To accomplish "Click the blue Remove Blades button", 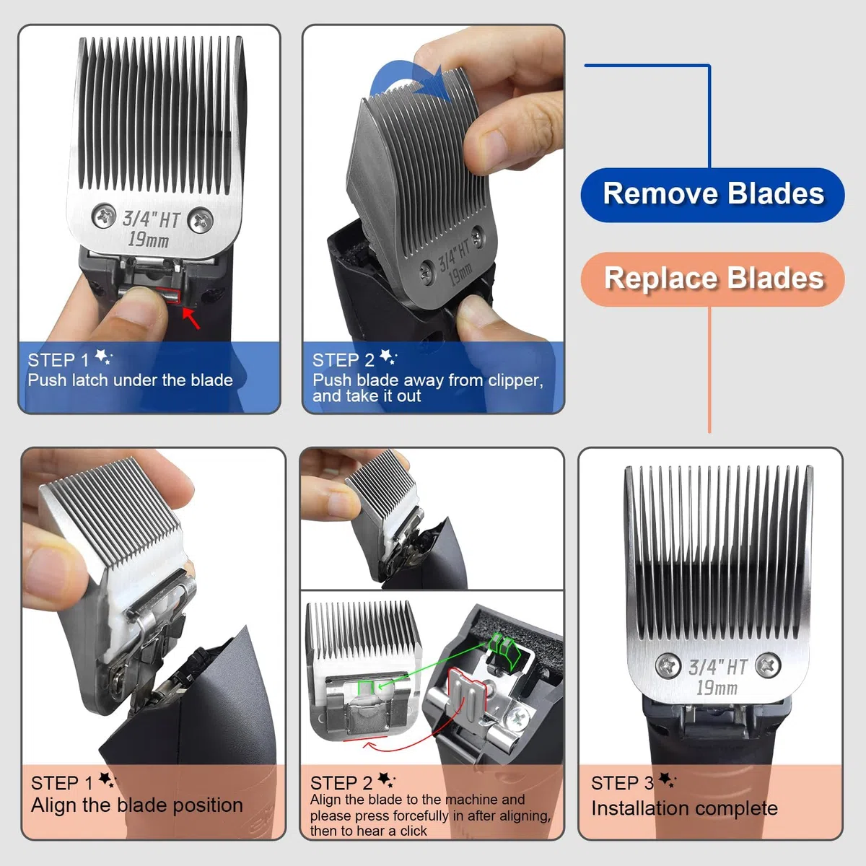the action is tap(712, 195).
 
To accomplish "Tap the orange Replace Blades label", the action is tap(712, 279).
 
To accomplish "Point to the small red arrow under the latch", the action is tap(191, 318).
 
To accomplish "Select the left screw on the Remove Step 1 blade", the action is tap(104, 215).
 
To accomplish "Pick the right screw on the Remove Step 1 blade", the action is tap(201, 220).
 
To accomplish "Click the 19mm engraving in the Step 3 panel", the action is tap(717, 688).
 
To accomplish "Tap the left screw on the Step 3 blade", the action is tap(668, 665).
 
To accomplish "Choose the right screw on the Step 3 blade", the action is tap(768, 665).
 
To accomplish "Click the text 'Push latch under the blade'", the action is tap(131, 380).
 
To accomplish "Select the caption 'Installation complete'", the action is tap(684, 808).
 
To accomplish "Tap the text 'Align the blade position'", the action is tap(137, 805).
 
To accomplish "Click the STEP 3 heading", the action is tap(622, 783).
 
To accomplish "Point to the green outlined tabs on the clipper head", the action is tap(505, 650).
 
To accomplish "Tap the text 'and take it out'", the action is tap(367, 396).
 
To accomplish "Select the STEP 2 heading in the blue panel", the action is tap(344, 360).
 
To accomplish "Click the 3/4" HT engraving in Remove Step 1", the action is tap(151, 219).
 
